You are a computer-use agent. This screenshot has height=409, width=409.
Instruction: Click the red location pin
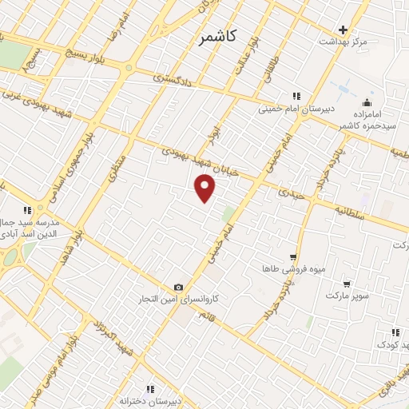(205, 188)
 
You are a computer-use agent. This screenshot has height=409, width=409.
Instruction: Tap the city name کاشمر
(220, 37)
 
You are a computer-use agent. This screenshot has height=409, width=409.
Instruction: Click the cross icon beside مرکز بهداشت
(343, 30)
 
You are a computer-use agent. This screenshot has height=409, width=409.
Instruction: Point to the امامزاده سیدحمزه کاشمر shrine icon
(367, 102)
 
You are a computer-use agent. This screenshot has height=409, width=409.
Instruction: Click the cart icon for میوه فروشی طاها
(293, 257)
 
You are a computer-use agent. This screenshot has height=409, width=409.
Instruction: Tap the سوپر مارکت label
(347, 296)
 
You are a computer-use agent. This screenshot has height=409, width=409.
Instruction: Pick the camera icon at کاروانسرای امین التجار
(178, 288)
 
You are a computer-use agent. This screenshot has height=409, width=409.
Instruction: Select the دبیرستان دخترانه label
(151, 400)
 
